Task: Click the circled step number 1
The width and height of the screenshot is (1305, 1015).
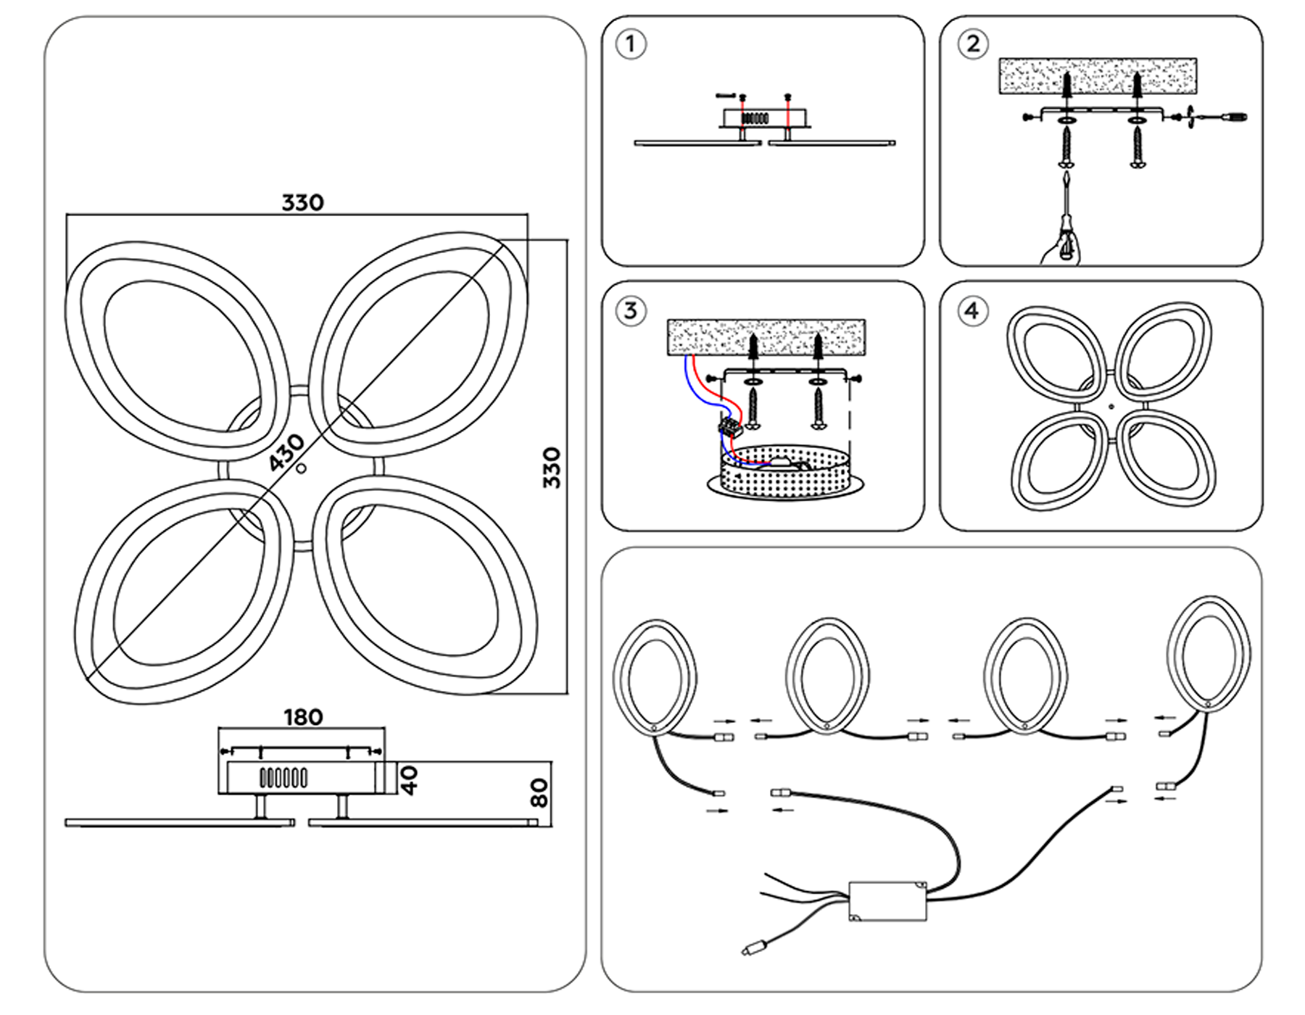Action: [x=630, y=44]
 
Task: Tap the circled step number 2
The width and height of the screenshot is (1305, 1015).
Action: [x=972, y=44]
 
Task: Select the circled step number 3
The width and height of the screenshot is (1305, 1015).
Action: [x=630, y=311]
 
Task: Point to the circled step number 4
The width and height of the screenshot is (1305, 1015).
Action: [x=972, y=311]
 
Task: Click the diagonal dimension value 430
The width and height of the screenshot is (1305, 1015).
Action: [x=286, y=452]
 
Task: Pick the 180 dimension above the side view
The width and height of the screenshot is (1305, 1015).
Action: [x=302, y=717]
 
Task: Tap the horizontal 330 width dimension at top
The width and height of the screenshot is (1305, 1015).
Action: [x=302, y=202]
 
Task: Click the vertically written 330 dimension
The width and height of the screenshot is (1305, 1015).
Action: [x=552, y=468]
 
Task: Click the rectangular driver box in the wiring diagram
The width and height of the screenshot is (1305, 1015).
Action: [x=887, y=900]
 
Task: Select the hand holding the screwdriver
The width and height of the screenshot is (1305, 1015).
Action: [x=1060, y=250]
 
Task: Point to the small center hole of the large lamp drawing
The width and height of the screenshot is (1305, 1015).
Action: [x=302, y=468]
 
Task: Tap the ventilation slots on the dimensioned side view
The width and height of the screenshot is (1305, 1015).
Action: [x=283, y=778]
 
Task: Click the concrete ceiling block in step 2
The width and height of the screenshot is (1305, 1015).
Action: [x=1098, y=75]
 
